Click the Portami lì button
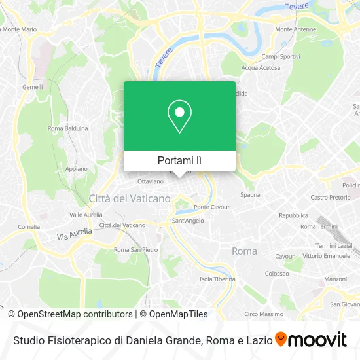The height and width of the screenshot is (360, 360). point(179,160)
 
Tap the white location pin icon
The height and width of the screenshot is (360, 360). point(179,117)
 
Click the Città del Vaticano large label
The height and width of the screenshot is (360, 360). point(130,198)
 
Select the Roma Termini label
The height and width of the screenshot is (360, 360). point(317,226)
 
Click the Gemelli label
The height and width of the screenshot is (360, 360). point(32,87)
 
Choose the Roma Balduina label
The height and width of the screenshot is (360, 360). point(69,128)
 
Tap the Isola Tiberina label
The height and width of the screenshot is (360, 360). point(217,279)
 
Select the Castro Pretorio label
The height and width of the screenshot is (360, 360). point(331,197)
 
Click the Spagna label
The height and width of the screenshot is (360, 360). point(250,194)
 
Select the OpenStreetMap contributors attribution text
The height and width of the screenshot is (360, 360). point(74,314)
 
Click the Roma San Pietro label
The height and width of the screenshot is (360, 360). point(136,249)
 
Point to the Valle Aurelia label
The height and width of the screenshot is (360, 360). point(85,214)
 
